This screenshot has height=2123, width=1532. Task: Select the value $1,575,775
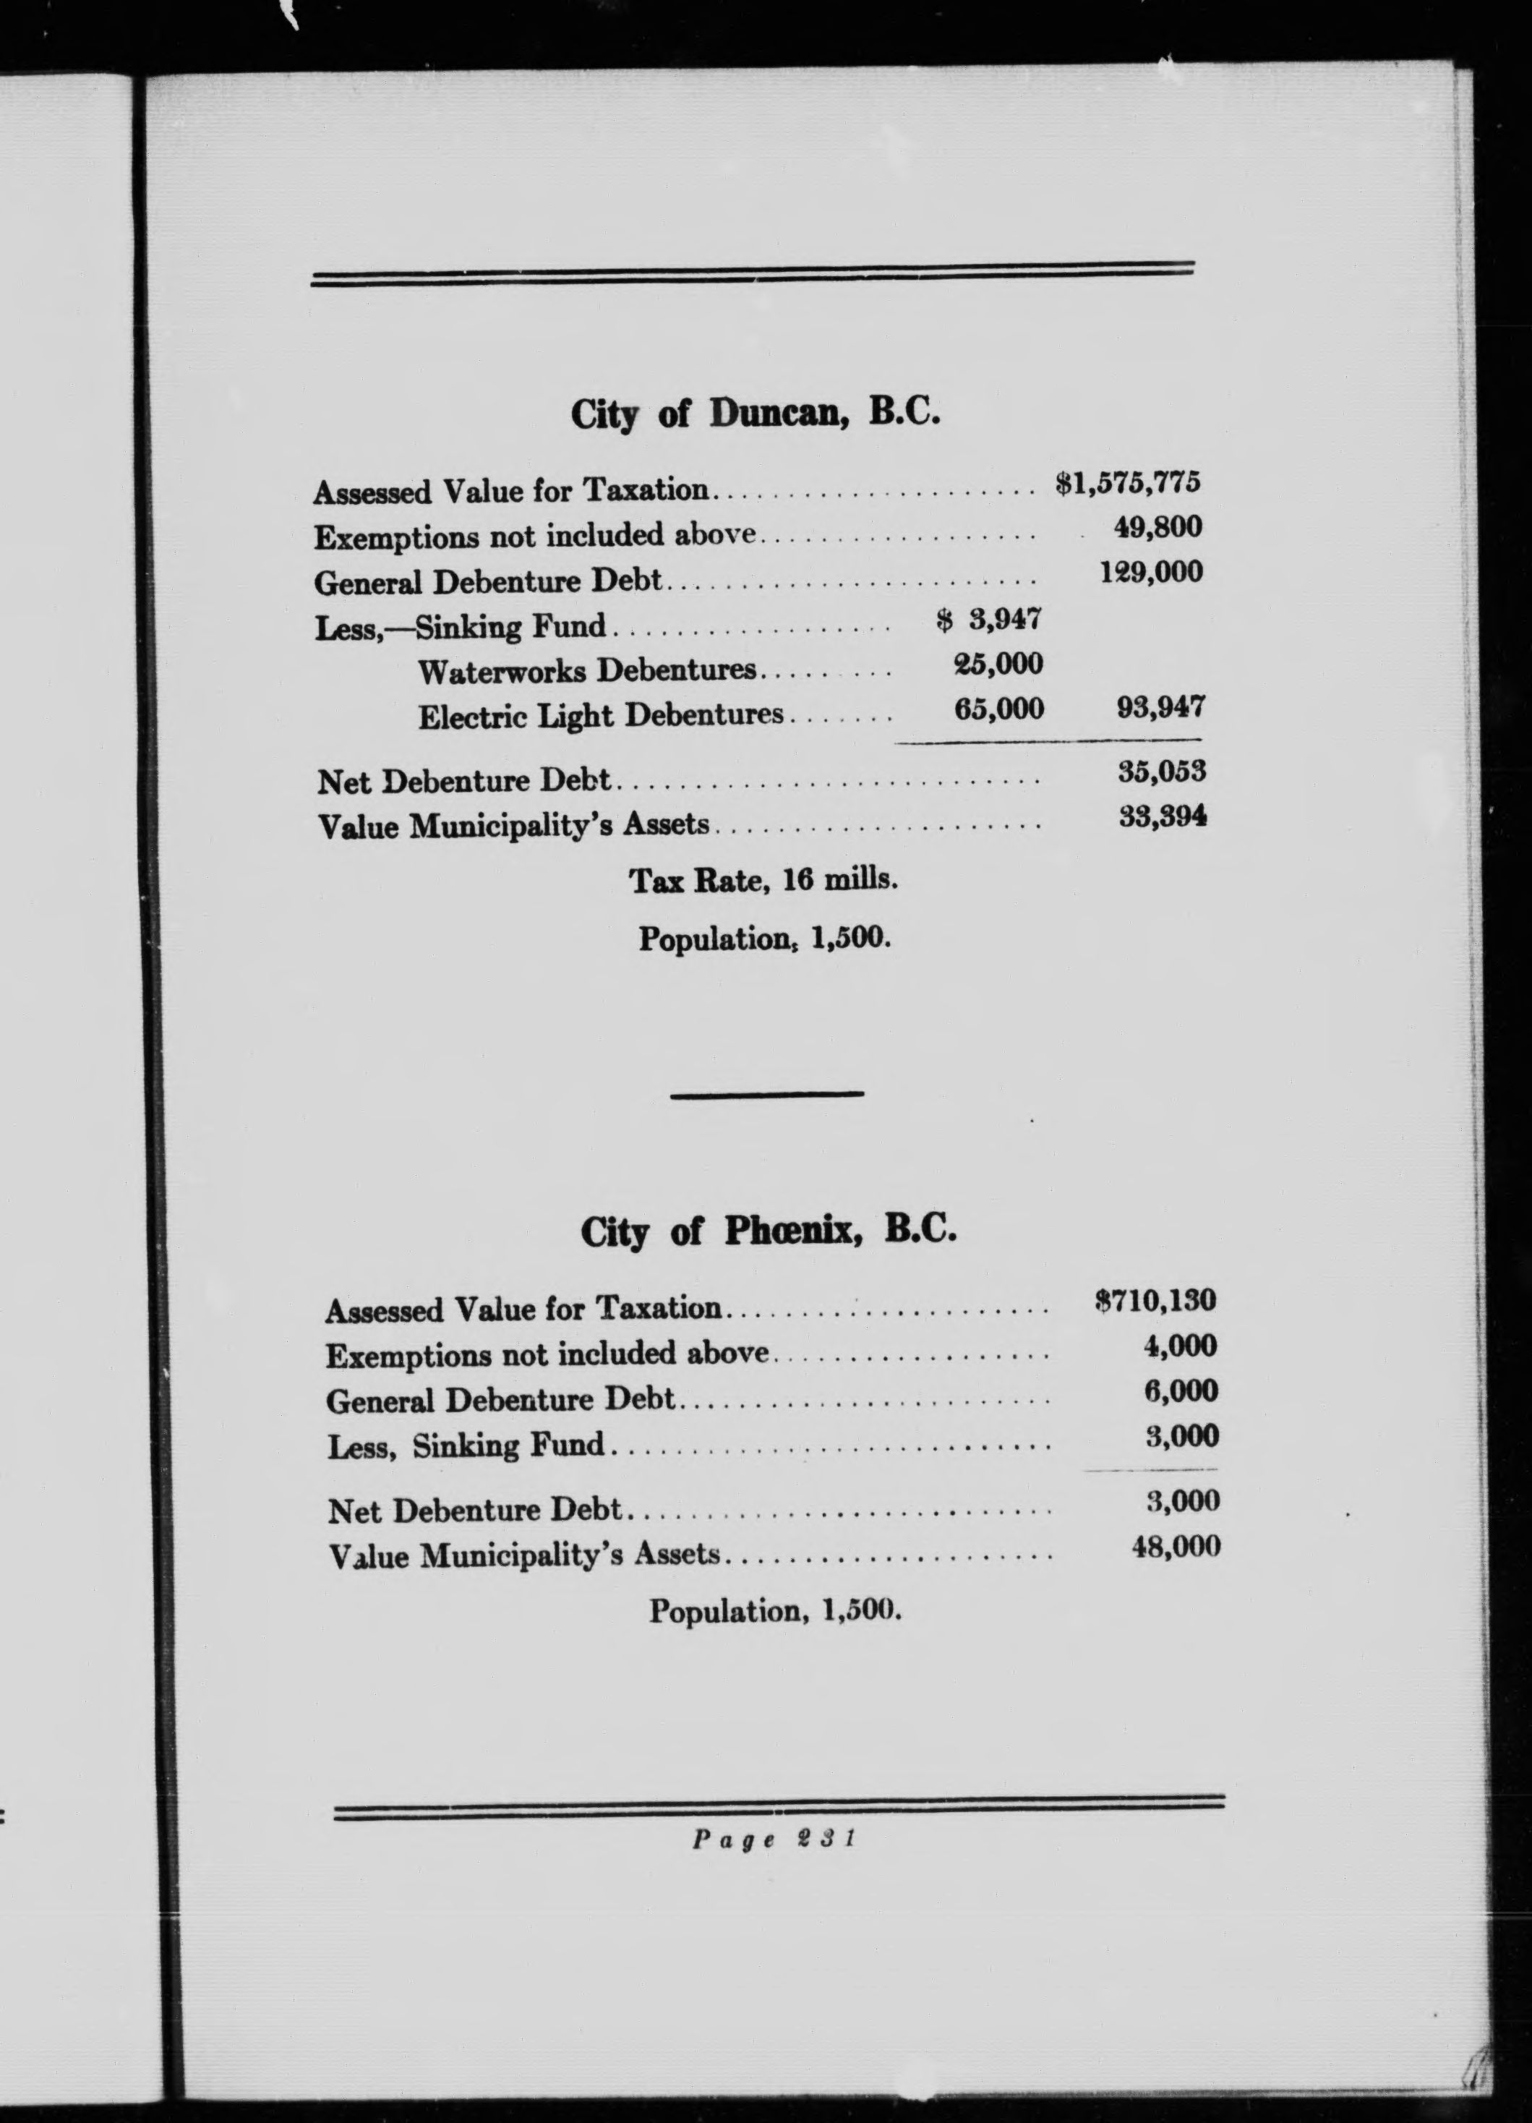coord(1128,483)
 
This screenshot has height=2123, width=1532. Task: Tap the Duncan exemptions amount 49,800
coord(1157,528)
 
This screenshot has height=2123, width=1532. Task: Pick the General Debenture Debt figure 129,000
coord(1151,572)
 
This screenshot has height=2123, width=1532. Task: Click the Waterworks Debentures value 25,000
coord(998,664)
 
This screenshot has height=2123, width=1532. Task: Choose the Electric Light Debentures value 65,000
coord(998,709)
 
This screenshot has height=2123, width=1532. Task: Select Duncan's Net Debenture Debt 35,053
coord(1161,772)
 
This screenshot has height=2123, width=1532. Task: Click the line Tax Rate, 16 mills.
coord(763,881)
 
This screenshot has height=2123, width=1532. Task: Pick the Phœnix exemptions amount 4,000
coord(1180,1346)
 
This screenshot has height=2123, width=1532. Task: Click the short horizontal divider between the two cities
coord(767,1093)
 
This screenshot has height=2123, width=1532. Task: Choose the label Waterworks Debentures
coord(587,671)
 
